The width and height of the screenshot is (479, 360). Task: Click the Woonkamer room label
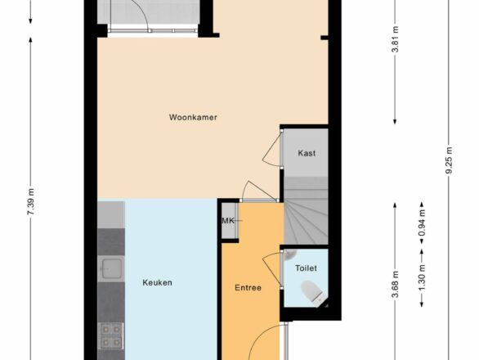(193, 117)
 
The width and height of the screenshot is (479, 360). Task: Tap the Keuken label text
(157, 282)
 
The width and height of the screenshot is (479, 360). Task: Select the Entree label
(248, 288)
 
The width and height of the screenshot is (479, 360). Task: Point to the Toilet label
(306, 268)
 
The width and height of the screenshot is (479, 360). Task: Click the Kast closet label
(307, 153)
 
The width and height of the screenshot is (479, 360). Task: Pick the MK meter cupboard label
(228, 221)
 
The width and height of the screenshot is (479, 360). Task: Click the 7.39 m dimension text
(31, 202)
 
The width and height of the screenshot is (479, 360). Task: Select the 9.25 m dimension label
(449, 160)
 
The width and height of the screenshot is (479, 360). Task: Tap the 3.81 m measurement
(395, 39)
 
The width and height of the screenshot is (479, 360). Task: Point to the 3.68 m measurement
(395, 285)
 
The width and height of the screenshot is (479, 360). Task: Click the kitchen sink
(111, 268)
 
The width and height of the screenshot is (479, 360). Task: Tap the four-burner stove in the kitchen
(111, 335)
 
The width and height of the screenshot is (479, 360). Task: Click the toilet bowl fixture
(312, 293)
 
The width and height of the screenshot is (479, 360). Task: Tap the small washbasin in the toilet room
(289, 254)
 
